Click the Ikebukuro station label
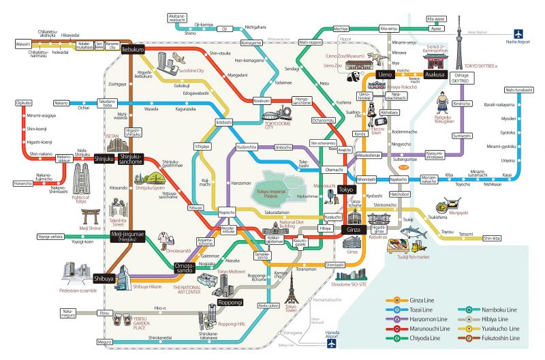[x=133, y=50]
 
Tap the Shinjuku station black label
[x=104, y=159]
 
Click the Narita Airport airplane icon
[x=519, y=33]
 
